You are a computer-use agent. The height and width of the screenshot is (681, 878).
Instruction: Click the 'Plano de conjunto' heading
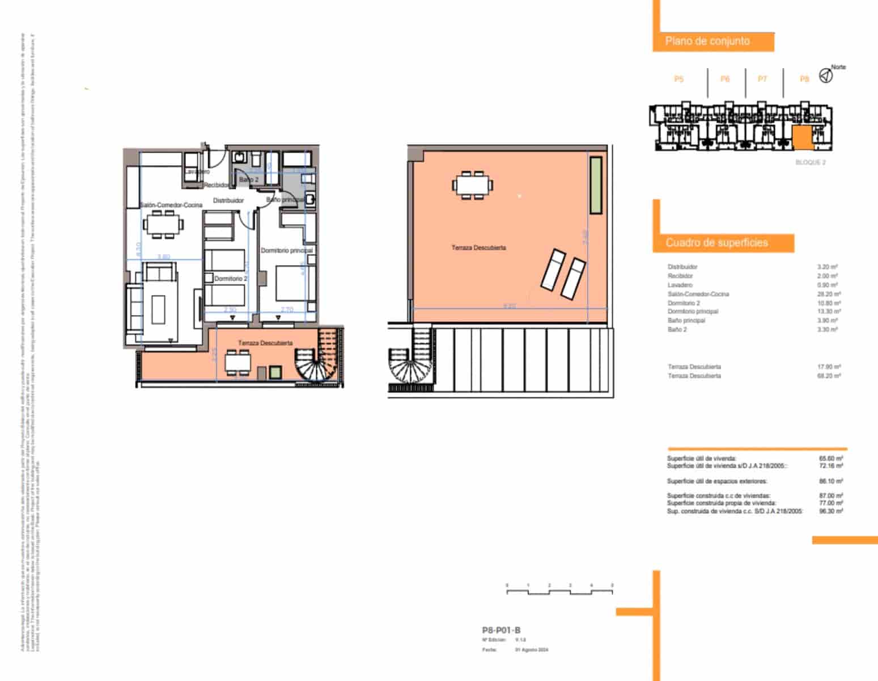[707, 41]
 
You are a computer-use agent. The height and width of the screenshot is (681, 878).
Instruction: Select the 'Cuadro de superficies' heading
[716, 243]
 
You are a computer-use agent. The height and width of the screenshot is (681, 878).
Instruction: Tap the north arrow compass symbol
[826, 75]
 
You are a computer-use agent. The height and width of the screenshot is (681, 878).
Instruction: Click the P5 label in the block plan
[678, 79]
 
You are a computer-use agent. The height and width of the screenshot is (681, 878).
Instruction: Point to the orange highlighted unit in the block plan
[801, 138]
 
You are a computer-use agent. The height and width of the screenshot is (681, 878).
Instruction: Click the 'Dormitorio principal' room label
[286, 250]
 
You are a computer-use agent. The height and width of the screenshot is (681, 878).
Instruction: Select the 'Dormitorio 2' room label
[231, 279]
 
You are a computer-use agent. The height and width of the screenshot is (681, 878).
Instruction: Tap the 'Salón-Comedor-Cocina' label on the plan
[171, 205]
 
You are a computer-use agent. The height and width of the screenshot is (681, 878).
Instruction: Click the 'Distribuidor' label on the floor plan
[228, 200]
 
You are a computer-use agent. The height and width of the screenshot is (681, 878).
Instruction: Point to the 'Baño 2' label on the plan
[248, 179]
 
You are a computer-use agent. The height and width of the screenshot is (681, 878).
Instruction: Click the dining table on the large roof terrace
[472, 184]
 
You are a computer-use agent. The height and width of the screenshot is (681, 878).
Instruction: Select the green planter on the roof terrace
[595, 185]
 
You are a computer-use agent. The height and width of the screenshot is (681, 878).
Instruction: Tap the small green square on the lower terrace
[275, 373]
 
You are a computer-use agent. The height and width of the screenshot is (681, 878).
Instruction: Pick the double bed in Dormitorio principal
[292, 283]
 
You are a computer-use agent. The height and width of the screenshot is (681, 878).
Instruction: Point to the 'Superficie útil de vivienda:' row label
[702, 458]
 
